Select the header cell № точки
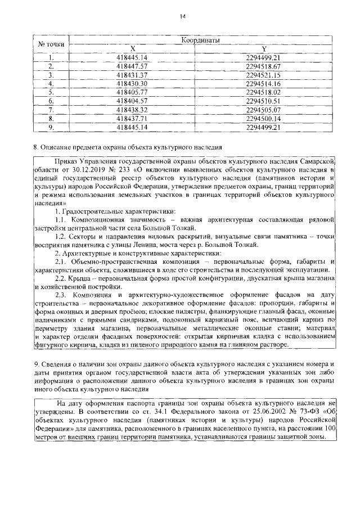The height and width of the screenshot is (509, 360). (51, 45)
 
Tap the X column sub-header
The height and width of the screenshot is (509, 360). (132, 49)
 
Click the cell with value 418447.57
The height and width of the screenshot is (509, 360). (132, 65)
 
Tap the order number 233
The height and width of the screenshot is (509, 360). (121, 168)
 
